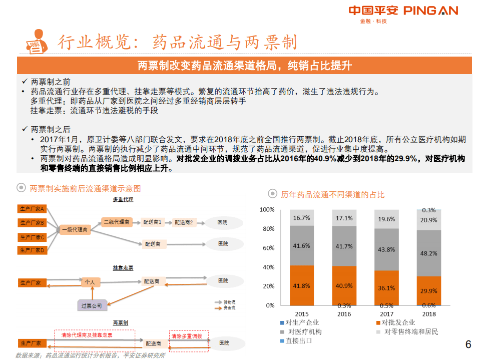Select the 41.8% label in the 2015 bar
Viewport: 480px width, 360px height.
click(x=301, y=285)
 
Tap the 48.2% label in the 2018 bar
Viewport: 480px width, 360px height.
click(x=428, y=253)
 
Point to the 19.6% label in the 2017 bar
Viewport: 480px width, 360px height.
click(x=386, y=219)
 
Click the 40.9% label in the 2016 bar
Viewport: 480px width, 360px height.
click(x=344, y=285)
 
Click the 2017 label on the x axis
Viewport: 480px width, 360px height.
click(x=386, y=314)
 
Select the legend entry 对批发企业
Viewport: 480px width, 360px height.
click(x=398, y=323)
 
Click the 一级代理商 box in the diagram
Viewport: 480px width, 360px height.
click(x=75, y=230)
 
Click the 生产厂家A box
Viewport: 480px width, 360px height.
click(x=32, y=208)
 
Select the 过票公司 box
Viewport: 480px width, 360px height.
click(x=92, y=305)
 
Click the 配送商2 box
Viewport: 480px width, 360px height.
click(x=184, y=222)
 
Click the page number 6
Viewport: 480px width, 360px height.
click(x=468, y=344)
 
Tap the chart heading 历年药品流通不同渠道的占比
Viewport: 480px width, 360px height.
click(x=332, y=194)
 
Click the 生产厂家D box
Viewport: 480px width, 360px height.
click(x=32, y=250)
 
